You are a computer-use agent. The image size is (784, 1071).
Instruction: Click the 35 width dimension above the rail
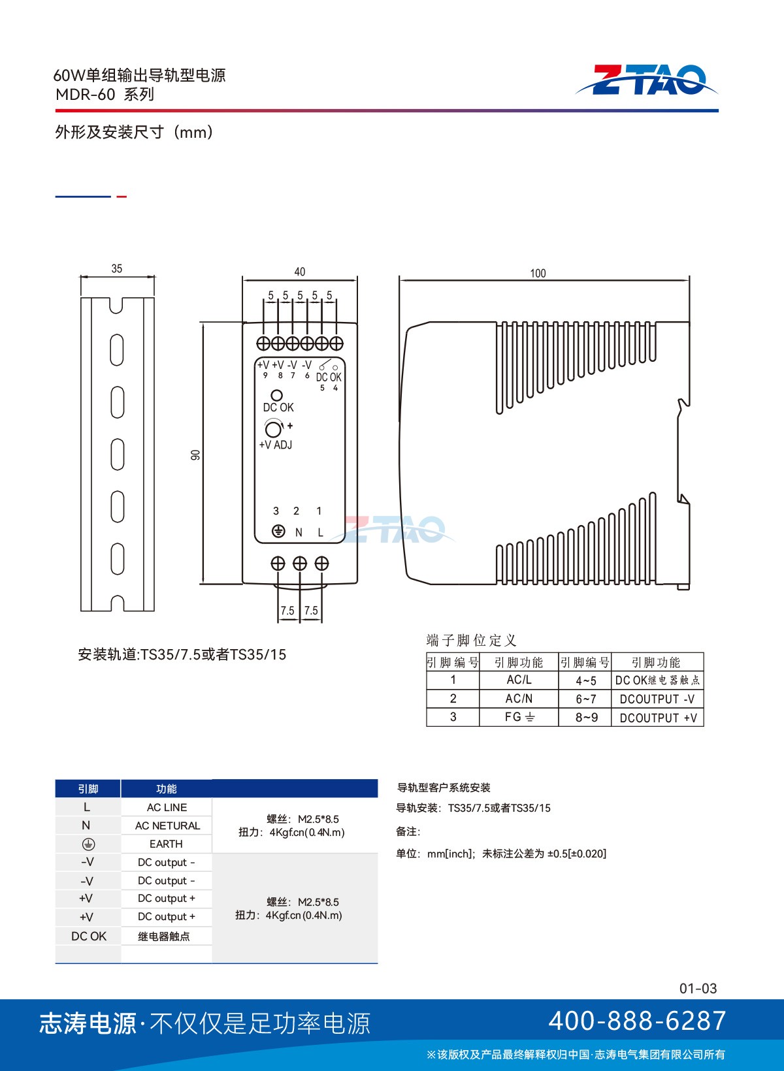(117, 268)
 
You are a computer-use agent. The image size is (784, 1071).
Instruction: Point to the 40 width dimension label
(299, 272)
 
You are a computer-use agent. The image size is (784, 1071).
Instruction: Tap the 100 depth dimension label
(538, 273)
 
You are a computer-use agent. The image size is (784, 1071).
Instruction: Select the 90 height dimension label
(195, 455)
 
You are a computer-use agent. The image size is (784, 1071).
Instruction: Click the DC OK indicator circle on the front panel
(276, 395)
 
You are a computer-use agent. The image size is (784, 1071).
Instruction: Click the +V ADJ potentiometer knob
(274, 429)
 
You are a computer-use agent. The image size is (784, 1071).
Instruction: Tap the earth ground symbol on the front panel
(278, 531)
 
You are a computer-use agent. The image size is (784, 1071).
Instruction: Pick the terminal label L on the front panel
(320, 532)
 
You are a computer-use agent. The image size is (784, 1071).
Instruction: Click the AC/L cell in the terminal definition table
(519, 680)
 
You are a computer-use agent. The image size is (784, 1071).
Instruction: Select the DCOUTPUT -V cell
(657, 699)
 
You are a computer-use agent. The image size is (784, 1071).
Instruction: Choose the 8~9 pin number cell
(586, 718)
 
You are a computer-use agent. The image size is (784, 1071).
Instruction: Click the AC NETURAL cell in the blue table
(167, 825)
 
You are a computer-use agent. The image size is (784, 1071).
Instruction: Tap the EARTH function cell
(166, 844)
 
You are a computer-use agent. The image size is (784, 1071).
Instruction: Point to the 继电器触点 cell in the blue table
(163, 936)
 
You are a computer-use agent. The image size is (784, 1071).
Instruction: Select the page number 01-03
(698, 988)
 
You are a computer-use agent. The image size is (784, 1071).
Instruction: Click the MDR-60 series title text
(105, 94)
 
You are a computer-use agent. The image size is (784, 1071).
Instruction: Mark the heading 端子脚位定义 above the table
(471, 640)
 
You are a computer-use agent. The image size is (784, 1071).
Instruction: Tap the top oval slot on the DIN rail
(117, 350)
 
